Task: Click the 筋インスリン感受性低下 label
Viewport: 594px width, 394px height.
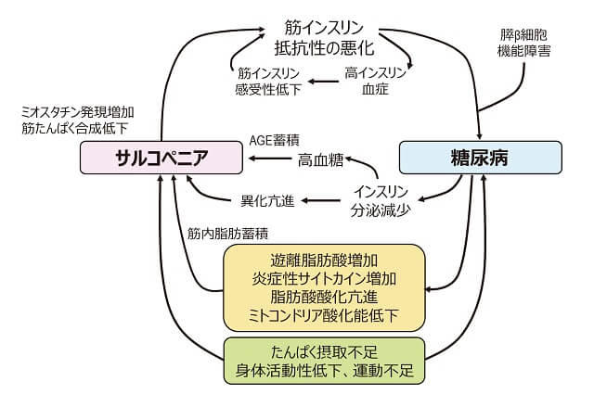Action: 267,82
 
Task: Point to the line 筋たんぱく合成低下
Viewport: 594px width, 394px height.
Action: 77,128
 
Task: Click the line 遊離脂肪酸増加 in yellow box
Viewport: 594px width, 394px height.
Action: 324,260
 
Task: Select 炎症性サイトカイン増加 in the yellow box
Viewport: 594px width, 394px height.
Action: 324,278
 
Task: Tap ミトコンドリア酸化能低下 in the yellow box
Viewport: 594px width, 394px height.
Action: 324,316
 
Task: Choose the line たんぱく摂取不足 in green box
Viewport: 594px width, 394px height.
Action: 324,352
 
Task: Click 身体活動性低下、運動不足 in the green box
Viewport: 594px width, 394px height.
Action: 324,372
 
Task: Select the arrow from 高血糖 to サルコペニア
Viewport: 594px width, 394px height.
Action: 270,160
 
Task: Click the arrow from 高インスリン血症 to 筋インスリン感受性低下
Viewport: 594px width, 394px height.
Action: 322,82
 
